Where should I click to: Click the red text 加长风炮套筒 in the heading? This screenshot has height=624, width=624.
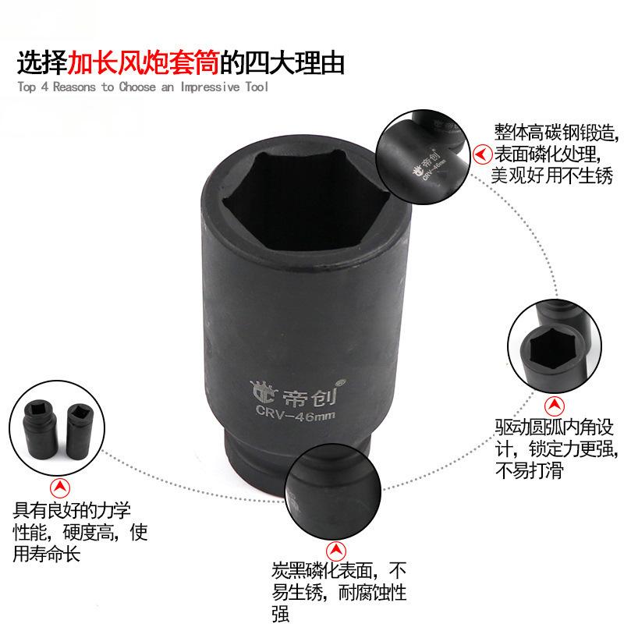coord(144,63)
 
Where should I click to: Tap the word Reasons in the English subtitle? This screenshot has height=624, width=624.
coord(74,87)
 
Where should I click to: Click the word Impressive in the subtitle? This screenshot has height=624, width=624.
coord(211,87)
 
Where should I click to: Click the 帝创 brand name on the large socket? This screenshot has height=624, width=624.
coord(310,396)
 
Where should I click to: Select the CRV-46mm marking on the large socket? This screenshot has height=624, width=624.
coord(296,413)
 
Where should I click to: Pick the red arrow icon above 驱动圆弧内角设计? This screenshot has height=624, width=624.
coord(555,406)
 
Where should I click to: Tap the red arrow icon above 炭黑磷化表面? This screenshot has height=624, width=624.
coord(336,551)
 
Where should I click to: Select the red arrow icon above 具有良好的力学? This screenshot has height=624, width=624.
coord(60,487)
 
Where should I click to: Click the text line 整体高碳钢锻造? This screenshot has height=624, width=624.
coord(556,132)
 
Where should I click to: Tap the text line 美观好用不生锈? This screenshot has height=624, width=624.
coord(551,175)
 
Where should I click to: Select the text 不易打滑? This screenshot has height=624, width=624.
coord(530,470)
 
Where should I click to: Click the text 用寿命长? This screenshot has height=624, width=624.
coord(47,553)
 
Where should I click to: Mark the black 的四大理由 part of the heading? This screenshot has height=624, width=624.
coord(282,63)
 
